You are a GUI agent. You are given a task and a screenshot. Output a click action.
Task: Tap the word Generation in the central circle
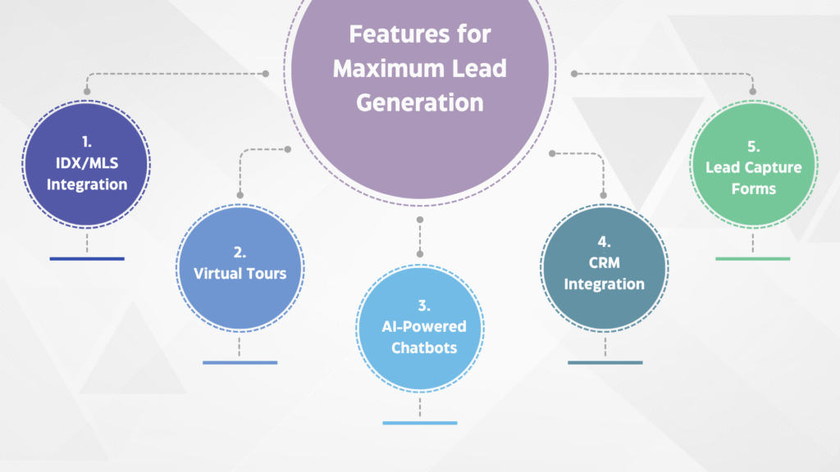(x=420, y=102)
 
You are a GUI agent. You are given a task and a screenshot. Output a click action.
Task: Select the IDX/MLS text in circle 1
(x=87, y=163)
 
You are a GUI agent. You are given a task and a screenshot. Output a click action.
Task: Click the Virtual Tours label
(x=240, y=274)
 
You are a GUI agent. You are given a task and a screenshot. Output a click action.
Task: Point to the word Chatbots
(x=424, y=347)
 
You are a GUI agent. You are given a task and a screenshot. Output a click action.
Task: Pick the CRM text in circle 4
(x=605, y=263)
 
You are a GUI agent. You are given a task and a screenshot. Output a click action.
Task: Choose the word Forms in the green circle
(x=754, y=189)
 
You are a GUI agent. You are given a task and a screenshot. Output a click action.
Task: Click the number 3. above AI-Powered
(x=424, y=306)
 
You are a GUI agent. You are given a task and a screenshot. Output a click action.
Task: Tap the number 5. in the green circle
(x=754, y=147)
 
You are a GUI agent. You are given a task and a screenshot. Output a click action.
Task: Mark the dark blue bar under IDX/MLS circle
(x=87, y=258)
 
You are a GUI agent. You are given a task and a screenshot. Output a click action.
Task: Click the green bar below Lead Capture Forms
(x=753, y=258)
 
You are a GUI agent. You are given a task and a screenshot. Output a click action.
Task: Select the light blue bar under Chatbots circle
(x=420, y=423)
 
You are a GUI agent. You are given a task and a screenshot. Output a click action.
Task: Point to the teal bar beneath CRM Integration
(x=605, y=362)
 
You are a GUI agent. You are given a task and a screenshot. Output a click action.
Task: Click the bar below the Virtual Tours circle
(x=240, y=362)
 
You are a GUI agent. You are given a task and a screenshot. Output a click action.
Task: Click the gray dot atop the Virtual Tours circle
(x=240, y=195)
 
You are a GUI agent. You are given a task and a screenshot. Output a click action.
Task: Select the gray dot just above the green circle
(x=753, y=92)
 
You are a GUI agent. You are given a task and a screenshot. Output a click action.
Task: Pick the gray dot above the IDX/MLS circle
(x=87, y=92)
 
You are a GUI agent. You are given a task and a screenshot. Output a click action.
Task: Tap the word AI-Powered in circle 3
(x=424, y=326)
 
